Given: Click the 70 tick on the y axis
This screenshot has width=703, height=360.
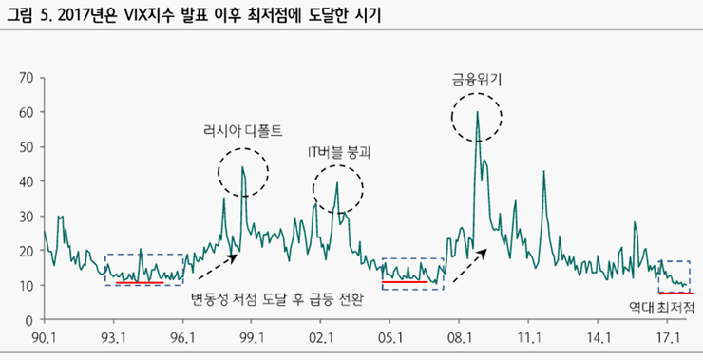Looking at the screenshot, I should [x=26, y=77].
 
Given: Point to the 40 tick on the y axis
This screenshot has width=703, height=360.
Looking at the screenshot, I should [x=26, y=181].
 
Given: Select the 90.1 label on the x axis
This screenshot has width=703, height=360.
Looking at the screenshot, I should [x=45, y=337].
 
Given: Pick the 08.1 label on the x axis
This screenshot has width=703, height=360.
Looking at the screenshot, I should [x=460, y=337].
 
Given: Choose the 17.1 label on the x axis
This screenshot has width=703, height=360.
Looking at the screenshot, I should [x=667, y=337].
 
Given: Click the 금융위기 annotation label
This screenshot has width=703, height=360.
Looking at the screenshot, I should [x=477, y=82].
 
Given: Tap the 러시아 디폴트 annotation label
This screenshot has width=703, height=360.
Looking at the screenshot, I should [x=243, y=130].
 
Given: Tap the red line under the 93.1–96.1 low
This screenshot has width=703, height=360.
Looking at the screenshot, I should [x=140, y=282].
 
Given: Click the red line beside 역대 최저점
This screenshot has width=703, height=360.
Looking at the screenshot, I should [x=675, y=294].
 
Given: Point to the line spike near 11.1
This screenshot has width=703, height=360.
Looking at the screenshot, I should [x=543, y=172].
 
